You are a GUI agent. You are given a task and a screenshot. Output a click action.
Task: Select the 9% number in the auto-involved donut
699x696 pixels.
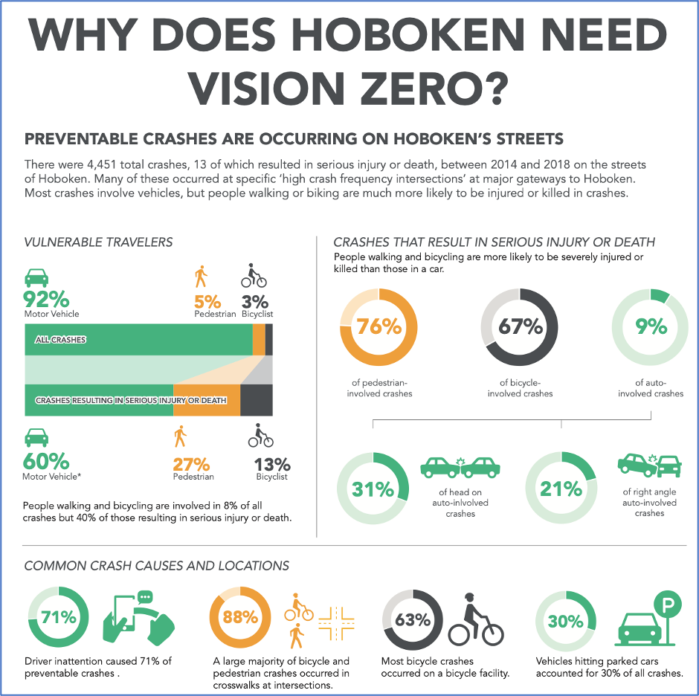click(651, 326)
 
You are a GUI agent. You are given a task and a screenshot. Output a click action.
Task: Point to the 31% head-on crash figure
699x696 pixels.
click(373, 489)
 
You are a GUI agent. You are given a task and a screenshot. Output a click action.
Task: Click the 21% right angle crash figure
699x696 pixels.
click(561, 489)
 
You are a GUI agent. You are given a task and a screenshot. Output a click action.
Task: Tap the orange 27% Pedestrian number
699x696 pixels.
click(191, 465)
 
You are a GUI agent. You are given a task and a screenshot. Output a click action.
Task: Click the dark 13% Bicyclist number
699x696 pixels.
click(271, 465)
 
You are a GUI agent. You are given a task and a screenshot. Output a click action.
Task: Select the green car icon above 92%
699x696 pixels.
click(37, 278)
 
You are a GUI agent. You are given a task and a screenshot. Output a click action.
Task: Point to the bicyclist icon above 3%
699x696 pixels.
click(254, 277)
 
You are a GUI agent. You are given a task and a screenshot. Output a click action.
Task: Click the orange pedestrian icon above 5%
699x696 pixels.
click(200, 277)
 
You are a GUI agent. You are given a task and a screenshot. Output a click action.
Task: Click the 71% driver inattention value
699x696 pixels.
click(58, 618)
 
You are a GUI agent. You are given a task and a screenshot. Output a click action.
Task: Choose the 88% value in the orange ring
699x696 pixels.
click(241, 618)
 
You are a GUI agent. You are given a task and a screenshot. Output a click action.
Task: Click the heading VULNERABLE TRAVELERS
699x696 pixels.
click(99, 242)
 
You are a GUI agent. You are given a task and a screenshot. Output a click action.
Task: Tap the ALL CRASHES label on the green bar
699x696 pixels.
click(60, 340)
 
